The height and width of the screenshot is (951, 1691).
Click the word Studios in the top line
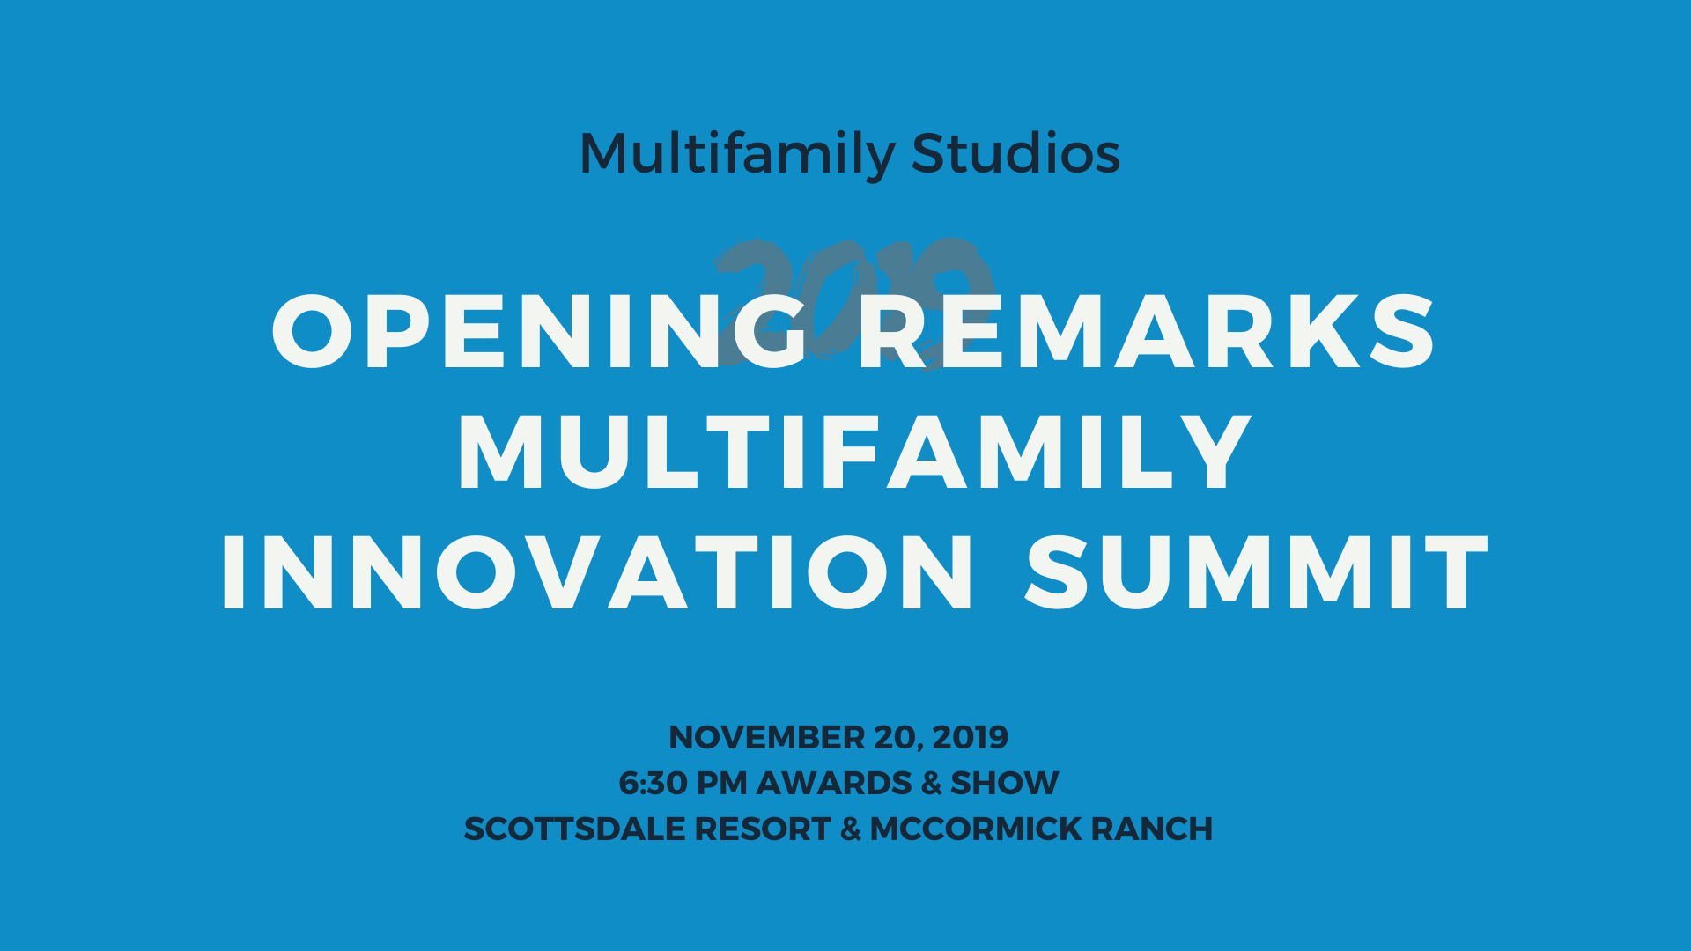click(x=1015, y=153)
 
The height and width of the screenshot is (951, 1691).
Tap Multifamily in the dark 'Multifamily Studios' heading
click(x=736, y=155)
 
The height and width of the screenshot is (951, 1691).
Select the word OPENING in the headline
click(x=539, y=332)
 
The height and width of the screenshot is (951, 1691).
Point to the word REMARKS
click(x=1147, y=332)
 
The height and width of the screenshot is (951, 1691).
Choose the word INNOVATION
click(x=597, y=573)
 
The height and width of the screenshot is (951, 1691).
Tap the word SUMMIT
click(x=1257, y=573)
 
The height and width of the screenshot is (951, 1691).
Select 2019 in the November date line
click(x=970, y=737)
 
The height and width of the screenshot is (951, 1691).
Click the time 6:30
click(x=653, y=783)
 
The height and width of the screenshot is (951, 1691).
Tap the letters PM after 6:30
click(x=721, y=783)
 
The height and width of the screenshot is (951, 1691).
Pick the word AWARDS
click(x=833, y=783)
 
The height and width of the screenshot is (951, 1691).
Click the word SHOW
click(x=1004, y=783)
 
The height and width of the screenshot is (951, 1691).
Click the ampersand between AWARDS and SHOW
click(x=931, y=783)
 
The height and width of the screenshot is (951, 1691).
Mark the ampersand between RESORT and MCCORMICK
click(x=850, y=829)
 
